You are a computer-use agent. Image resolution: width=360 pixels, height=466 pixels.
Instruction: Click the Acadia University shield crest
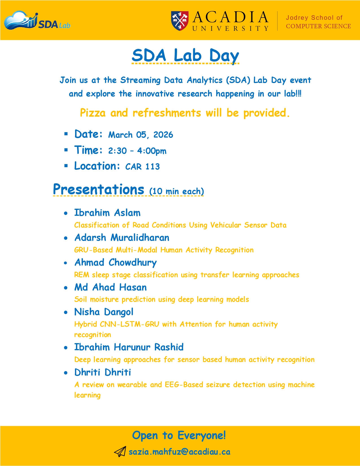click(180, 21)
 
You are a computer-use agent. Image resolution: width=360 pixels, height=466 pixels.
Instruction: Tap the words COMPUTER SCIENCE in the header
click(318, 26)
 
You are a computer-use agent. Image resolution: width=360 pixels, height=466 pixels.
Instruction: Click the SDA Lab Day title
click(185, 55)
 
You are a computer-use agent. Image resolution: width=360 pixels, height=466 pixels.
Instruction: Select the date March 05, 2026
click(141, 135)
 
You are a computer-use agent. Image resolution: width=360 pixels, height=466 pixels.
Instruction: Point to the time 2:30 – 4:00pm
click(137, 151)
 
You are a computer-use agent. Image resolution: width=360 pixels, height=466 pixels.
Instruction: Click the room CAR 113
click(143, 167)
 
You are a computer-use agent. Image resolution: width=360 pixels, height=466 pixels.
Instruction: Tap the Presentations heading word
click(99, 190)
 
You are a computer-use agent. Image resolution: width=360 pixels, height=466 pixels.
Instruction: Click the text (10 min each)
click(176, 191)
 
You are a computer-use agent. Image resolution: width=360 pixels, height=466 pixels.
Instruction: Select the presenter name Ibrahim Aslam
click(107, 213)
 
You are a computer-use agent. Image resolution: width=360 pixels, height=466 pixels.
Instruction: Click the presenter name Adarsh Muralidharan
click(122, 238)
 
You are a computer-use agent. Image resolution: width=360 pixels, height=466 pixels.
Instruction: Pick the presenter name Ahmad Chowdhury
click(115, 263)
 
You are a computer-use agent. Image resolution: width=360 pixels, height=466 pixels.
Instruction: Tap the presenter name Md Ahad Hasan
click(110, 288)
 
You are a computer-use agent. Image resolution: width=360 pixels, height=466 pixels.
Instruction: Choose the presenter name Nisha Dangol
click(104, 312)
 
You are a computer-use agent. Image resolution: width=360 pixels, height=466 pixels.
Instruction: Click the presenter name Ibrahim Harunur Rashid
click(129, 347)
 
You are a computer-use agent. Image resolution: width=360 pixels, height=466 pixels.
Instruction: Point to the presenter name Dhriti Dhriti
click(102, 372)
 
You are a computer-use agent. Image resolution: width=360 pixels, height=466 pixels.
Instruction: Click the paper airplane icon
click(120, 452)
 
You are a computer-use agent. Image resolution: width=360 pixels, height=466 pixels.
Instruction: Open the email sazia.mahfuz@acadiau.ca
click(179, 452)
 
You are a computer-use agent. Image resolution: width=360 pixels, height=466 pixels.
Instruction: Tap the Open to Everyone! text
click(179, 435)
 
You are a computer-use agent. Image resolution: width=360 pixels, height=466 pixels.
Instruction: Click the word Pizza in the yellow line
click(93, 113)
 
